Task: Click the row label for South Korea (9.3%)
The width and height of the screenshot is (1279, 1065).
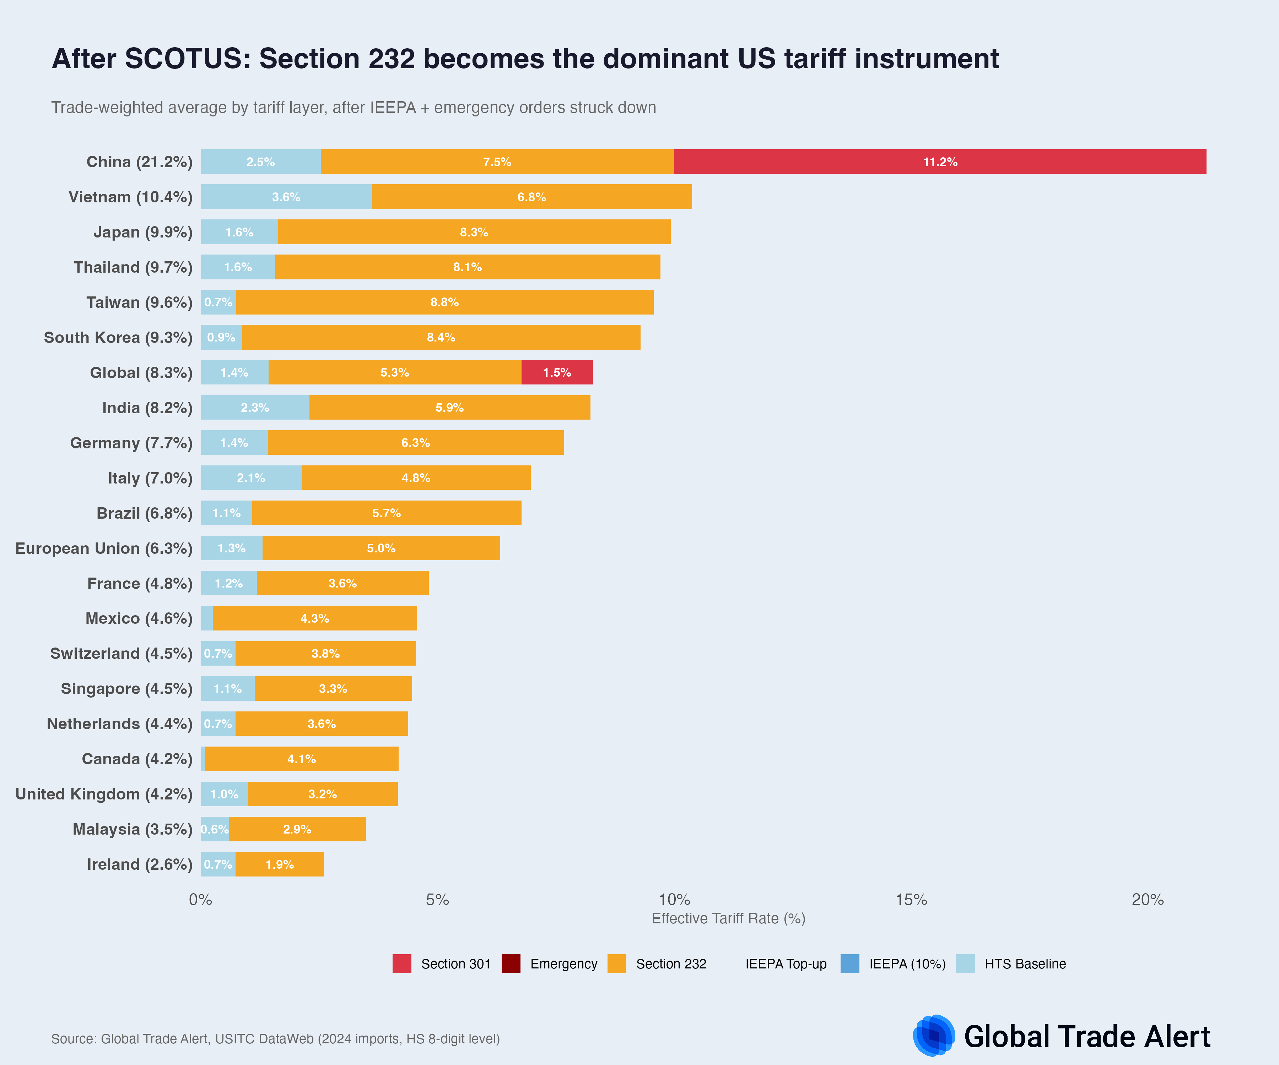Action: tap(118, 338)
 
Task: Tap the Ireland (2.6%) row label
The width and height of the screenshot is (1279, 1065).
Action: tap(140, 864)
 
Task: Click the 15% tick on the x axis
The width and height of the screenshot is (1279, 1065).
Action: tap(911, 900)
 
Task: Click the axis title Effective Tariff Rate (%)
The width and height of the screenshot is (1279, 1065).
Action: tap(728, 918)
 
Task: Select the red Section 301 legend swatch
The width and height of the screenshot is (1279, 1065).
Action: tap(402, 964)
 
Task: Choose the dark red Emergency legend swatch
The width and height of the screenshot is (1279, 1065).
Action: tap(511, 964)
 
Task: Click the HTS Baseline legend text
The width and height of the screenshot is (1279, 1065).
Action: tap(1025, 964)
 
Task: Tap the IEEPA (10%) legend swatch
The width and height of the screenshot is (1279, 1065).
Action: tap(849, 964)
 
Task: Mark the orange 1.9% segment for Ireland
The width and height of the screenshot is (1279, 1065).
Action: tap(280, 864)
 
